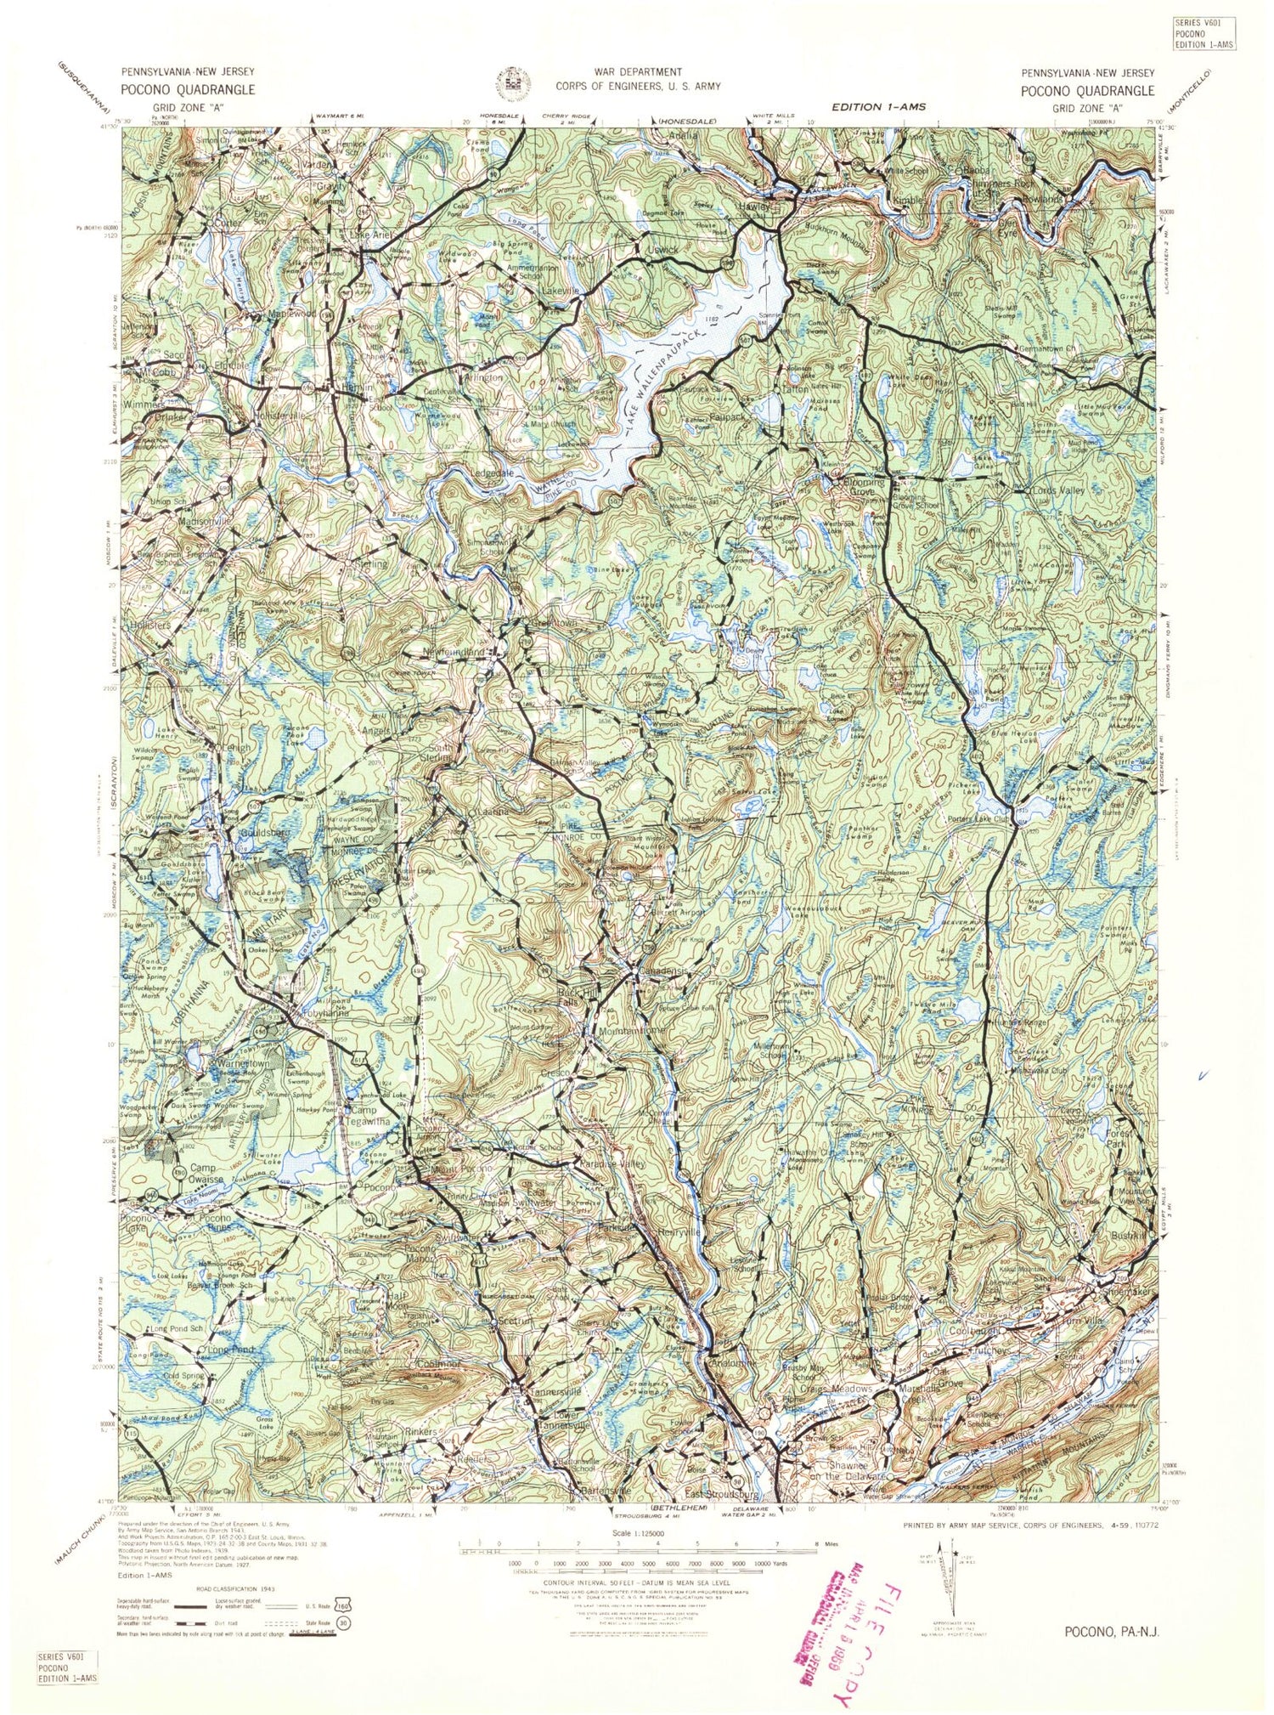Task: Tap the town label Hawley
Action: click(x=754, y=207)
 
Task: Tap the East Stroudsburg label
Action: click(x=722, y=1494)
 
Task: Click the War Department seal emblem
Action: click(x=514, y=83)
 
